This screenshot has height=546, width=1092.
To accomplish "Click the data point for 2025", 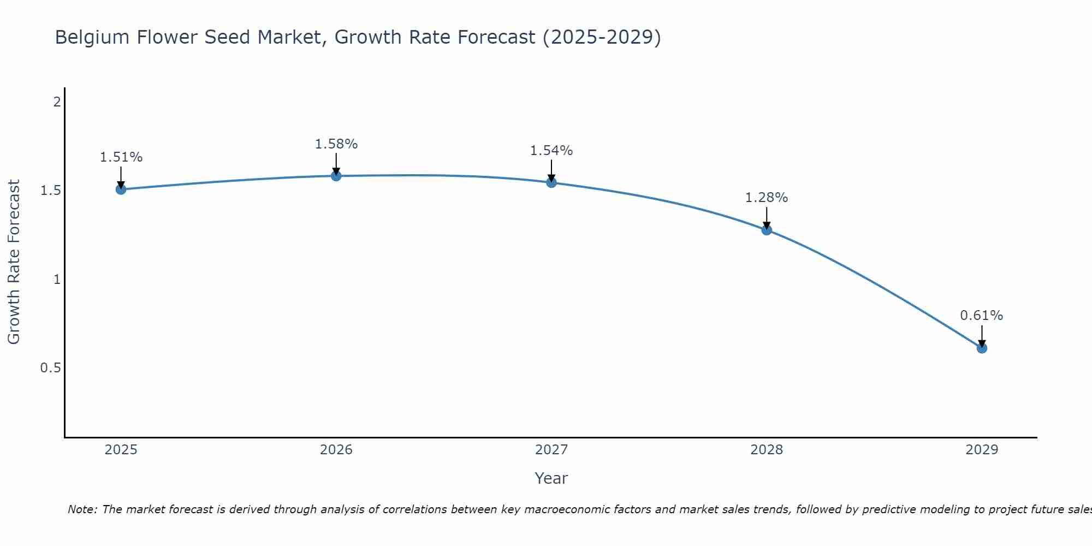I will click(121, 189).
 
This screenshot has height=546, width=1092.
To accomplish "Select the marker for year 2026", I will click(336, 176).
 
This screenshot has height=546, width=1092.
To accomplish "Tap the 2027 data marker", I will click(551, 182).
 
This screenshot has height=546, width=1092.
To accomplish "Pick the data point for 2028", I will click(767, 230).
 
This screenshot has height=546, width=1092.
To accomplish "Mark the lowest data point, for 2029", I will click(982, 348).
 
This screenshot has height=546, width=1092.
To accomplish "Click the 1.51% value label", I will click(121, 157).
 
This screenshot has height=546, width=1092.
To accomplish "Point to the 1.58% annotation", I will click(336, 144).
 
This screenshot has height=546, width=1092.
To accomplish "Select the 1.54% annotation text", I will click(551, 151).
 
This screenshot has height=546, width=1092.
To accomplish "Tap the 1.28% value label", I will click(767, 198).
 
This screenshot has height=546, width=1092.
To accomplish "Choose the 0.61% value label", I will click(982, 316).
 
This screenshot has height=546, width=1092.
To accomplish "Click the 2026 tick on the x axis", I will click(336, 450).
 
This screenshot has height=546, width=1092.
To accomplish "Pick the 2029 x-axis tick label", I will click(982, 450).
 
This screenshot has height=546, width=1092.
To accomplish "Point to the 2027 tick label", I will click(551, 450).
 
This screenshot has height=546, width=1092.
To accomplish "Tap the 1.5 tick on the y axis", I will click(50, 191).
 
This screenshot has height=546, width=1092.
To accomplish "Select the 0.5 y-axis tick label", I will click(50, 368).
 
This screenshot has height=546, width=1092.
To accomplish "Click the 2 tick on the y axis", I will click(57, 102).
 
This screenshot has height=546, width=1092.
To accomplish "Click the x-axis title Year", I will click(551, 478).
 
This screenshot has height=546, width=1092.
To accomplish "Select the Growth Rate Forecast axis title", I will click(14, 262).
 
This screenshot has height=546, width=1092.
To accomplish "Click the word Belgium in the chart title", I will click(91, 37).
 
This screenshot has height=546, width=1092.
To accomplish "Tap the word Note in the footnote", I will click(82, 509).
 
